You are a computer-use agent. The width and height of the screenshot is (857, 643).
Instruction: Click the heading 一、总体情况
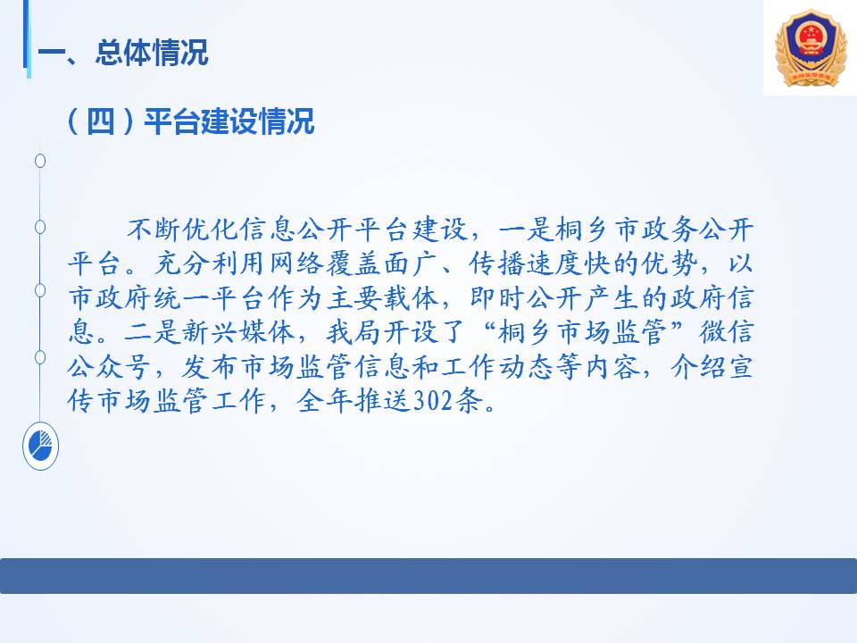point(123,53)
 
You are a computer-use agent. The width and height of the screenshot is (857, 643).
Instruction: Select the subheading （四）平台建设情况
point(190,121)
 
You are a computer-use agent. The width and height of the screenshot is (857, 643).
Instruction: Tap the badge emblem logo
point(811,47)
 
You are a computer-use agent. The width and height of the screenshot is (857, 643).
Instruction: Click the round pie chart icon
point(40,447)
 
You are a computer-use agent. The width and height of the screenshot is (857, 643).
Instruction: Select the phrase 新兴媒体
point(238,332)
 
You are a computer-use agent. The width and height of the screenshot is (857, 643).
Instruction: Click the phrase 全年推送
point(354,401)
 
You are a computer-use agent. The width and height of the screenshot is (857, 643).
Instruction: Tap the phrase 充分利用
point(211,263)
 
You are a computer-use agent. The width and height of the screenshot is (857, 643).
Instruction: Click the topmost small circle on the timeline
point(40,161)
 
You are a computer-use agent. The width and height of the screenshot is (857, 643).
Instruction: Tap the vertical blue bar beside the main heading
point(26,38)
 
